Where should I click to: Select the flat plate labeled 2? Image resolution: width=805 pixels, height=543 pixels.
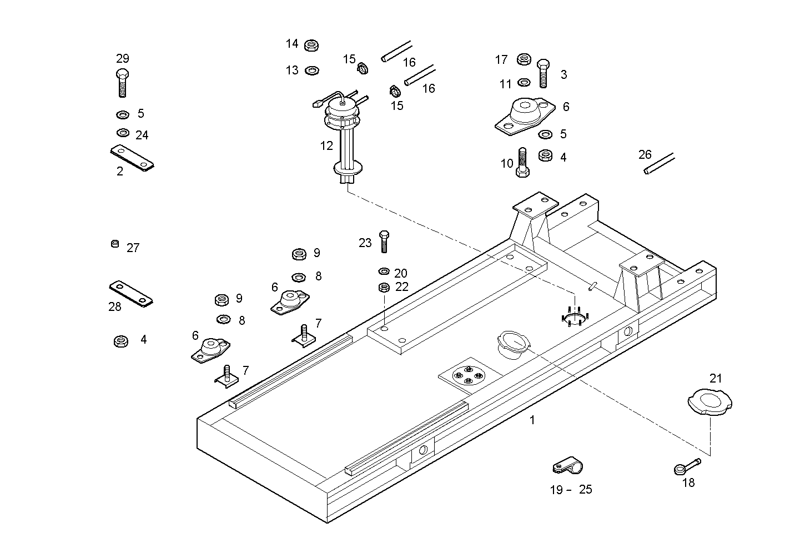(x=132, y=158)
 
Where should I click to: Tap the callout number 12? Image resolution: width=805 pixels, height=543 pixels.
(x=326, y=146)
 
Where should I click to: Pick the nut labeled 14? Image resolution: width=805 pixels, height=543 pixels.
(x=311, y=45)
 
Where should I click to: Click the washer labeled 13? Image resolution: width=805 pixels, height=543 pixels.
(x=312, y=71)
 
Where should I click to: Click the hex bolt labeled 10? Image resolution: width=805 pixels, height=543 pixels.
(x=522, y=162)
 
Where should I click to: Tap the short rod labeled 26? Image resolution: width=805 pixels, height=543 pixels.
(x=659, y=164)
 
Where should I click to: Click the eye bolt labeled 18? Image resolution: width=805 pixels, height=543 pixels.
(x=687, y=466)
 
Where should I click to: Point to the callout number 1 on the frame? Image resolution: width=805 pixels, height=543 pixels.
(x=532, y=420)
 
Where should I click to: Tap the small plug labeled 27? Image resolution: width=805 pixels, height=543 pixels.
(x=115, y=244)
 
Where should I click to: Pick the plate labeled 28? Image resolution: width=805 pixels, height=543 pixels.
(x=131, y=293)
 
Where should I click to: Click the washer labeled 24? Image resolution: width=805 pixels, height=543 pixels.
(x=123, y=133)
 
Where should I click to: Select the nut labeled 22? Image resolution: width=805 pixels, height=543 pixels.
(x=383, y=288)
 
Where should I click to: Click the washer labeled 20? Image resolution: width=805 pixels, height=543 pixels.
(x=383, y=271)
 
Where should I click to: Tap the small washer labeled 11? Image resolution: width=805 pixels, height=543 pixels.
(x=524, y=83)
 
